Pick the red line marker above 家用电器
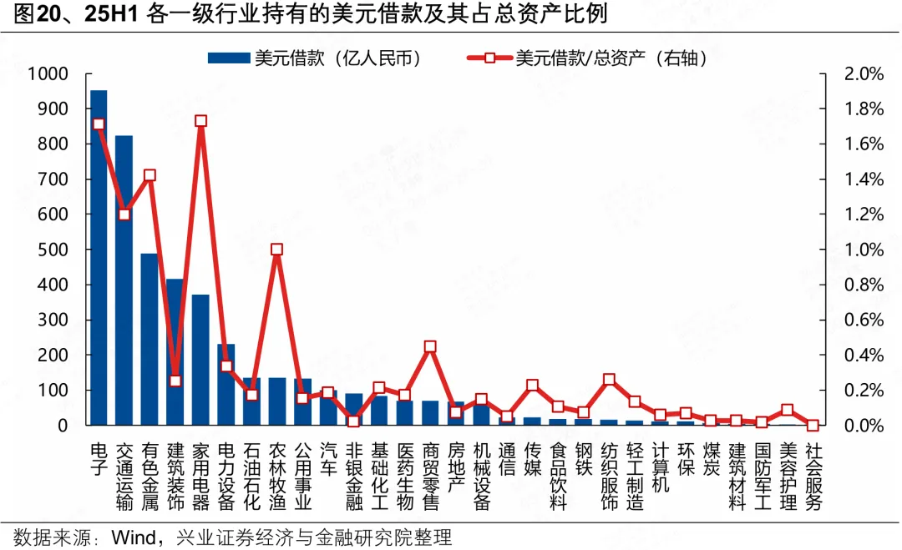200,121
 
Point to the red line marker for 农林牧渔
277,250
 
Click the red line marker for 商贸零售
430,346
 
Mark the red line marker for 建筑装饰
175,381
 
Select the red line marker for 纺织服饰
609,380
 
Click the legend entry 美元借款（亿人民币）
313,58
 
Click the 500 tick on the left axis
52,250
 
